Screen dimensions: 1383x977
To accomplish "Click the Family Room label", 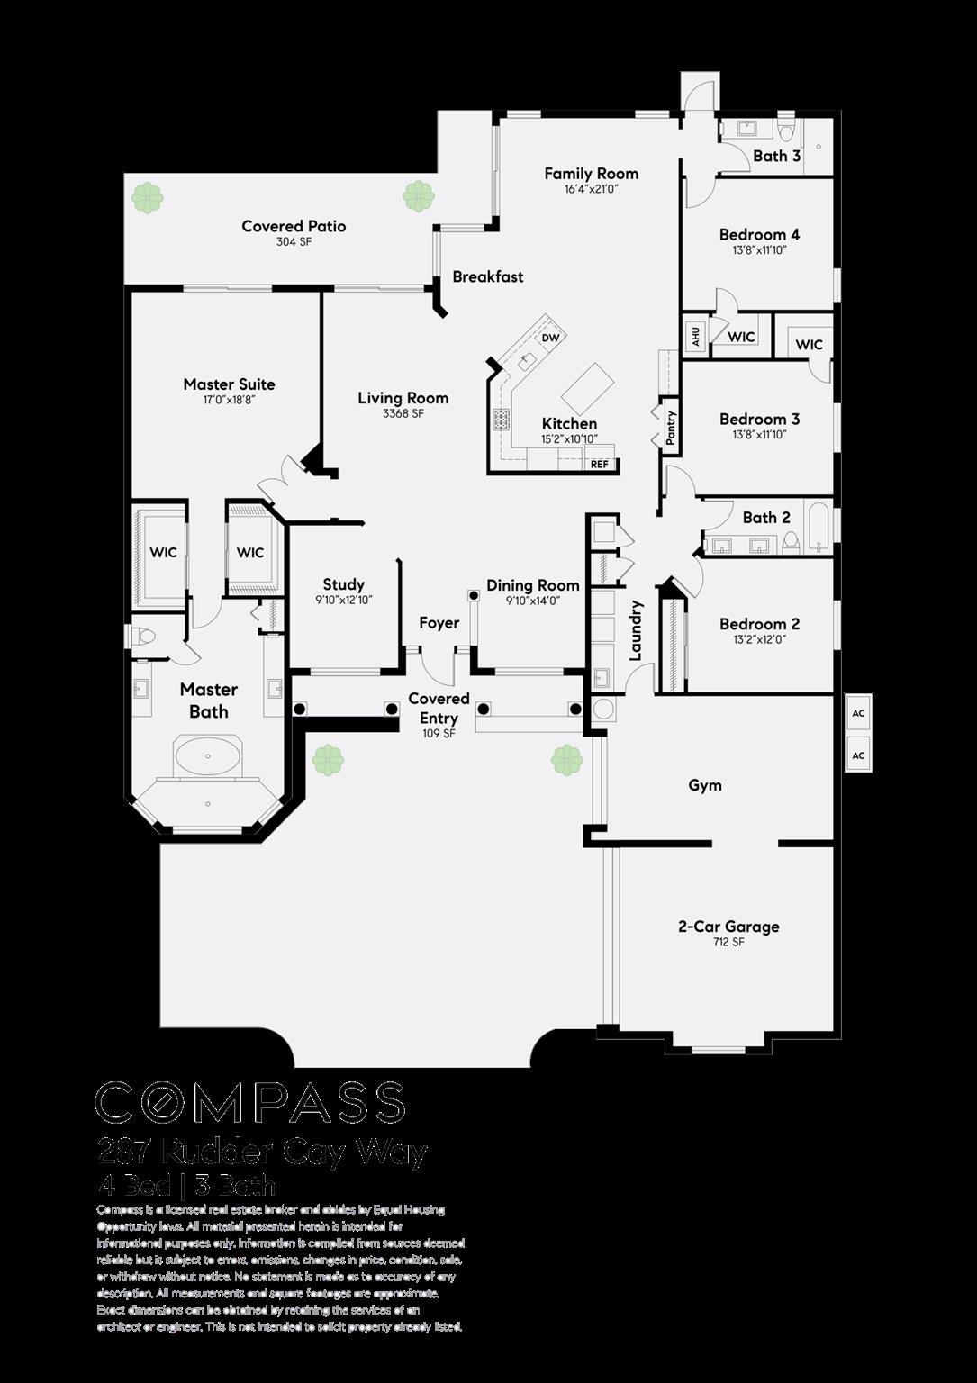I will tap(591, 174).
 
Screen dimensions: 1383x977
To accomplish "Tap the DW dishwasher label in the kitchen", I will tap(550, 338).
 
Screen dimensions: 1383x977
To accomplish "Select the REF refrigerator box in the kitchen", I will tap(600, 464).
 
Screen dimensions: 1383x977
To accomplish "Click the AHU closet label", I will tap(695, 337).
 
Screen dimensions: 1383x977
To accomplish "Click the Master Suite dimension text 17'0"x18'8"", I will tap(229, 400).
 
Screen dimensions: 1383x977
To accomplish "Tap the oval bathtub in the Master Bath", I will tap(208, 755).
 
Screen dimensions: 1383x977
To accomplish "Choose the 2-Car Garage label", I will tap(728, 927).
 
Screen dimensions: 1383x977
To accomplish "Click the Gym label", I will tap(704, 785).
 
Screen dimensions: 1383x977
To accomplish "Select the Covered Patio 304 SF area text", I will tap(294, 242).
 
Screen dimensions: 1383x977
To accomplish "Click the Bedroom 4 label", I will tap(759, 235).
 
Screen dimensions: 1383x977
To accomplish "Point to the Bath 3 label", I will tap(776, 156).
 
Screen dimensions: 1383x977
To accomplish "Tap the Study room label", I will tap(343, 584).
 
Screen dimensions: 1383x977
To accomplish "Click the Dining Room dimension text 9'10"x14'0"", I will tap(533, 601).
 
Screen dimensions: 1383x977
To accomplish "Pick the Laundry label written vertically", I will tap(636, 630).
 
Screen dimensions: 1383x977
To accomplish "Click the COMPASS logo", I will tap(250, 1103).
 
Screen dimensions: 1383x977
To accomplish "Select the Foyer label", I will tap(439, 623).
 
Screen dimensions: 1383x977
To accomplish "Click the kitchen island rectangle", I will tap(587, 387).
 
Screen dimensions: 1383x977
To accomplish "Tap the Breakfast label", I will tap(487, 276).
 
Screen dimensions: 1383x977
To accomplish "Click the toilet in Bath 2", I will tap(791, 542).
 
